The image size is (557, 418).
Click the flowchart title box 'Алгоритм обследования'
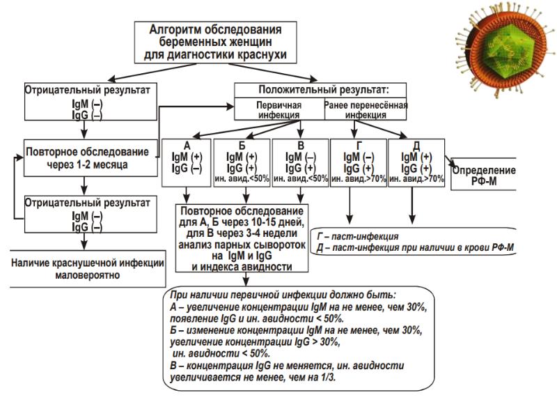click(216, 42)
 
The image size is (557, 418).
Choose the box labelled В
click(300, 162)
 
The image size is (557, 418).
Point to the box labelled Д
click(416, 162)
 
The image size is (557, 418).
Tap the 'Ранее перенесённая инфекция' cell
click(366, 109)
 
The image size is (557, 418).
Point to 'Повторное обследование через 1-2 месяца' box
click(87, 159)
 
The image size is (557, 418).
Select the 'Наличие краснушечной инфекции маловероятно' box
click(87, 269)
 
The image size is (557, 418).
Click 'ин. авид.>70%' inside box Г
click(358, 179)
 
